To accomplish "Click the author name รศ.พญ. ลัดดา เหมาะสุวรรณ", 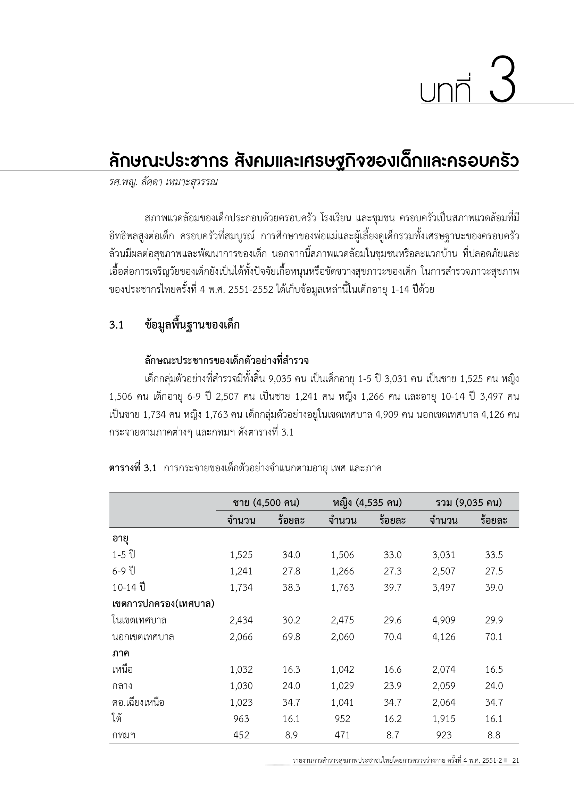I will point(163,183).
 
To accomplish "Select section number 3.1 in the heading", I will point(116,325).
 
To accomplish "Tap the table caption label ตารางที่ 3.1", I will point(133,468).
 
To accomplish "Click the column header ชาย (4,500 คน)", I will point(266,502).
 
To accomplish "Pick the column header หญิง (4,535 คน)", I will point(367,502).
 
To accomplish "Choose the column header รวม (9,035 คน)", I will point(468,502).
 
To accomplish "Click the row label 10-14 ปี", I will point(129,587).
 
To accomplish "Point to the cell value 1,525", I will point(241,555).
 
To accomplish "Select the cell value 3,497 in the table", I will point(443,587).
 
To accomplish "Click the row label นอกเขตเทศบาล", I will point(143,637).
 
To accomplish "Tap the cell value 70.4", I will point(393,637).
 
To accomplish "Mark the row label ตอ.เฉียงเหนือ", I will point(138,702).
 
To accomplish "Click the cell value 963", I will point(241,719).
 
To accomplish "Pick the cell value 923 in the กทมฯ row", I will point(443,735).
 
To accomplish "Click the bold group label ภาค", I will point(121,653).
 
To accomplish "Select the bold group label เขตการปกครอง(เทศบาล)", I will point(164,604).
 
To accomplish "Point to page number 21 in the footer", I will point(516,760).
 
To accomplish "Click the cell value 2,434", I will point(241,620).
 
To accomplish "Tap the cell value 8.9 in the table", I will point(291,735).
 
